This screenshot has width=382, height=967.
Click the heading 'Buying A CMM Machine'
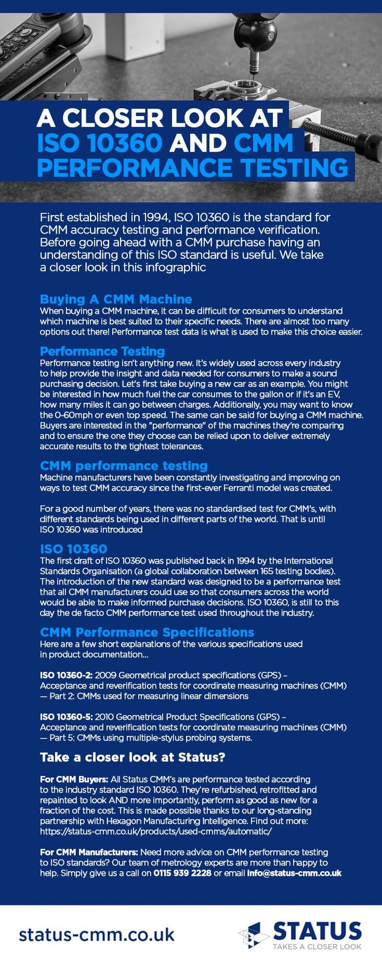click(x=116, y=299)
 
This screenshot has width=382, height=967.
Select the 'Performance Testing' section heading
click(x=102, y=351)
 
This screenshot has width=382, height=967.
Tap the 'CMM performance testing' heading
click(x=124, y=466)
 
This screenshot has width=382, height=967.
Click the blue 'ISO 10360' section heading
click(x=73, y=549)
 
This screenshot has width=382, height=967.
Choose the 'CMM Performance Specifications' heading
click(x=147, y=632)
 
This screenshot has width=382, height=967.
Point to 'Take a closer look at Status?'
click(x=133, y=757)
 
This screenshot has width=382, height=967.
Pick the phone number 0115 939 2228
click(x=182, y=873)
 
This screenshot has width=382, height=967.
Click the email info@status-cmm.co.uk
click(x=294, y=873)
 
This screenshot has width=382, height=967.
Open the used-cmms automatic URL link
click(x=156, y=831)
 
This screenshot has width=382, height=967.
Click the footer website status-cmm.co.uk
click(x=97, y=934)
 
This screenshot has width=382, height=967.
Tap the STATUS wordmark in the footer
click(x=317, y=931)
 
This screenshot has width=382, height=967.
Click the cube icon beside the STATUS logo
click(x=254, y=935)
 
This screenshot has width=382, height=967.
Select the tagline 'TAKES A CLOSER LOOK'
click(x=317, y=946)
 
